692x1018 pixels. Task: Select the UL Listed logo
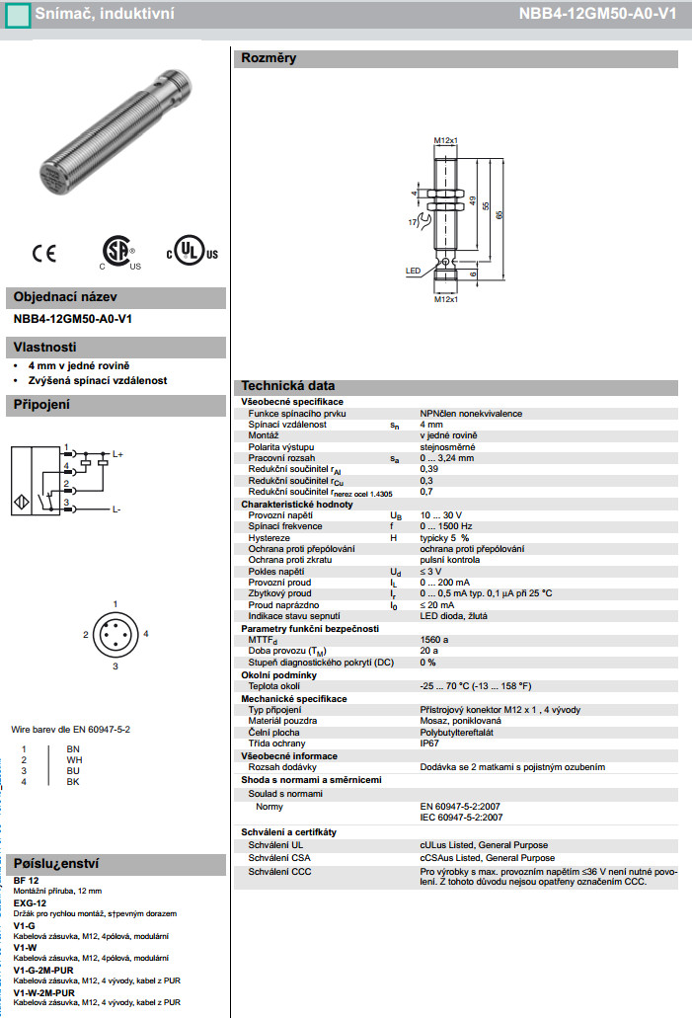189,251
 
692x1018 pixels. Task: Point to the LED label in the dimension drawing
413,270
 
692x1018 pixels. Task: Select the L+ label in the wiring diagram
117,454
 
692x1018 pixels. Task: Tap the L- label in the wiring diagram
116,509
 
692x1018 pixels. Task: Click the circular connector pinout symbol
115,635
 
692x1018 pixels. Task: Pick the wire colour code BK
72,782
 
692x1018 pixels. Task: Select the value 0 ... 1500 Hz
446,527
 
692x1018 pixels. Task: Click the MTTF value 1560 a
433,641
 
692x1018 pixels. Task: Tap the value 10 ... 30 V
441,516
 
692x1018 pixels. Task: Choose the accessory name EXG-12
30,902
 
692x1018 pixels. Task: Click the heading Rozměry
269,58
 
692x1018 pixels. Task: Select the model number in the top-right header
598,14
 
